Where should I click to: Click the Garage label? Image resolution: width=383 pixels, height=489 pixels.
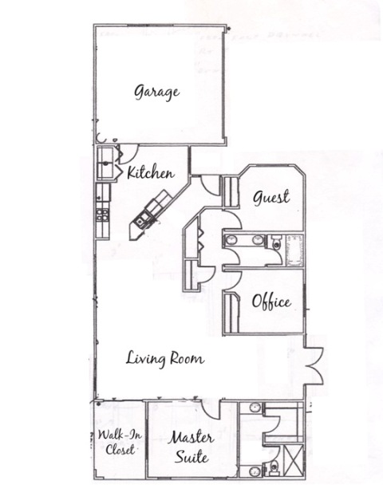[x=157, y=93]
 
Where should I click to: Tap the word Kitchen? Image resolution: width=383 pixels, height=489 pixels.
[x=151, y=172]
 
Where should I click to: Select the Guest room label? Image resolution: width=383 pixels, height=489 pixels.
[x=271, y=197]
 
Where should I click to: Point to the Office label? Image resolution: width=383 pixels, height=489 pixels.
[x=271, y=302]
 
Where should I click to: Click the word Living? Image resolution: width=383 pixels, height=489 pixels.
[x=145, y=359]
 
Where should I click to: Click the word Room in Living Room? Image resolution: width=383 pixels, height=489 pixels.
[x=188, y=359]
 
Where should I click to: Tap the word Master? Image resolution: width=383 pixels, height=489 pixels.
[x=191, y=437]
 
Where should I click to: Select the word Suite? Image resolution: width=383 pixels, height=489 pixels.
[x=191, y=456]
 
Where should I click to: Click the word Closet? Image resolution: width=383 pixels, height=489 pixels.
[x=120, y=449]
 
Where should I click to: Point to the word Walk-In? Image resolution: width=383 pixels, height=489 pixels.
[x=120, y=435]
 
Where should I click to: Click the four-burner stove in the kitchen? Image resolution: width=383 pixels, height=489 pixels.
[x=103, y=215]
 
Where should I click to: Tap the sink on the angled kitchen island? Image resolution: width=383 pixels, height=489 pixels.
[x=140, y=220]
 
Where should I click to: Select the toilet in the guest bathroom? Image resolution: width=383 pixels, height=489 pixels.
[x=276, y=243]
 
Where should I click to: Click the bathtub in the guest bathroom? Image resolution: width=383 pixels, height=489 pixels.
[x=294, y=250]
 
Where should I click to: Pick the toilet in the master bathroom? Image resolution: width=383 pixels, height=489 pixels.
[x=273, y=467]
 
